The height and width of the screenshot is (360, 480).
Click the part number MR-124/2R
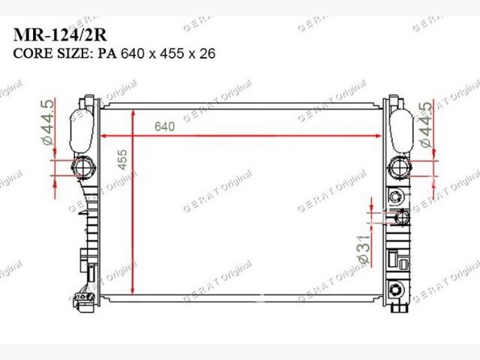point(60,35)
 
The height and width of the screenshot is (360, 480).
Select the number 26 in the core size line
point(208,53)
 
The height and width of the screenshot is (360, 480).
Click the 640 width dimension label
point(165,127)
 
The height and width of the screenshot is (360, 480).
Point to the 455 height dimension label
point(122,160)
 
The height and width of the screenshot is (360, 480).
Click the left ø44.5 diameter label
point(47,122)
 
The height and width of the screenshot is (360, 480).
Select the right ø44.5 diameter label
point(426,125)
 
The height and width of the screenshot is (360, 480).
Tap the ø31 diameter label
point(364,250)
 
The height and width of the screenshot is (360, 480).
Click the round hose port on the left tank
point(83,167)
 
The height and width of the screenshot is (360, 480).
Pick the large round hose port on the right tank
point(400,168)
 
